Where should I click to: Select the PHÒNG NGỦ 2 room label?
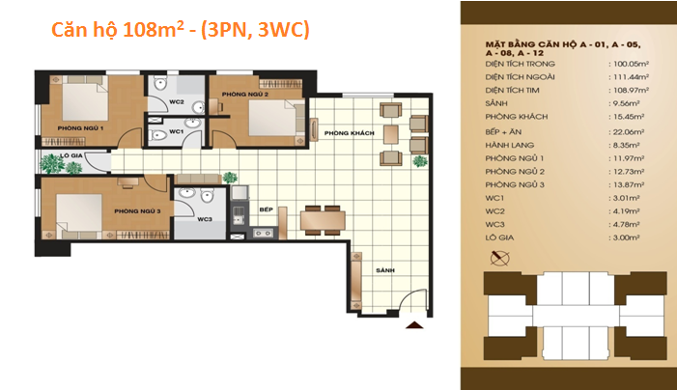(244, 95)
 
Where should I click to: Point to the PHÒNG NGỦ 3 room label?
(137, 210)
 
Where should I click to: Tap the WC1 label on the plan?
(176, 131)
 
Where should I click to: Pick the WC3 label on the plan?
(204, 219)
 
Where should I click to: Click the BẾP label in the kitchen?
(268, 209)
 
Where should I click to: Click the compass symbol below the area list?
(499, 257)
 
